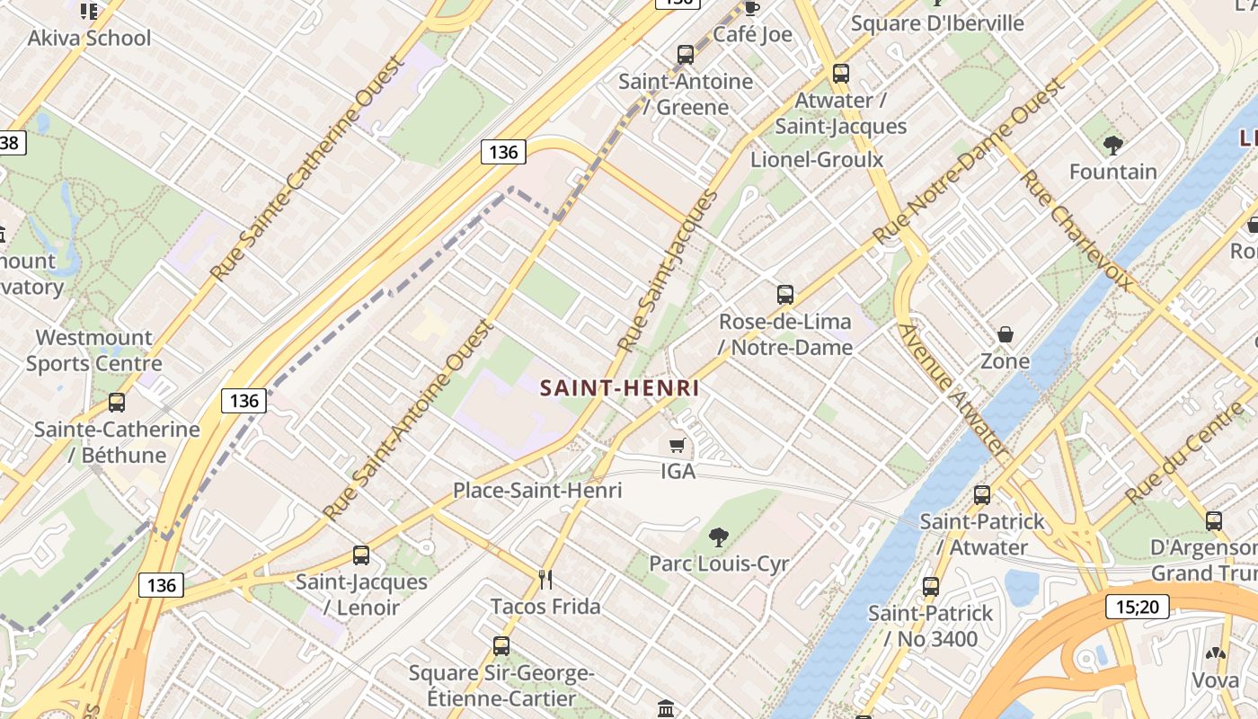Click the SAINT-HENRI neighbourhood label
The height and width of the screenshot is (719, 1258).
pos(619,388)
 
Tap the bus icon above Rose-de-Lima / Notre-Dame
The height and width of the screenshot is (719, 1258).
pos(785,295)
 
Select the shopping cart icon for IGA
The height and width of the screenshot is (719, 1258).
pos(678,445)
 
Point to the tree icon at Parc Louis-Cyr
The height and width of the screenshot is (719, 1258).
pos(718,537)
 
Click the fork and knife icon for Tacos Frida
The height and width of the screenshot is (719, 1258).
pos(545,578)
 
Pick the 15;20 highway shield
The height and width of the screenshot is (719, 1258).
pos(1137,607)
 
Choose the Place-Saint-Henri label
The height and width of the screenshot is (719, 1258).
pos(537,491)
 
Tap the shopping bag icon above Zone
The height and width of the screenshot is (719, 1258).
pos(1006,335)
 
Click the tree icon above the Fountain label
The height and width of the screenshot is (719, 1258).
pos(1113,145)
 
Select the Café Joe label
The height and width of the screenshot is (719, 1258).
pos(753,34)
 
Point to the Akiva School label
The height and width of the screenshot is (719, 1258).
pos(89,38)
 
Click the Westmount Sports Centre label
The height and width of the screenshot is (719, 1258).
pos(93,351)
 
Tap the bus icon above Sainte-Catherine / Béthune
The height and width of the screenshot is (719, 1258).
pos(117,403)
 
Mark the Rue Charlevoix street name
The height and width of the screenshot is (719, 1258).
pos(1076,230)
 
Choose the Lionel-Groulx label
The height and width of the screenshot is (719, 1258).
pos(817,160)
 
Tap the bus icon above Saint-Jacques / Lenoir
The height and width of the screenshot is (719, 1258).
pos(361,555)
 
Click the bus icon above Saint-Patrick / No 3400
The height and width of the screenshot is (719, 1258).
pos(931,587)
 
